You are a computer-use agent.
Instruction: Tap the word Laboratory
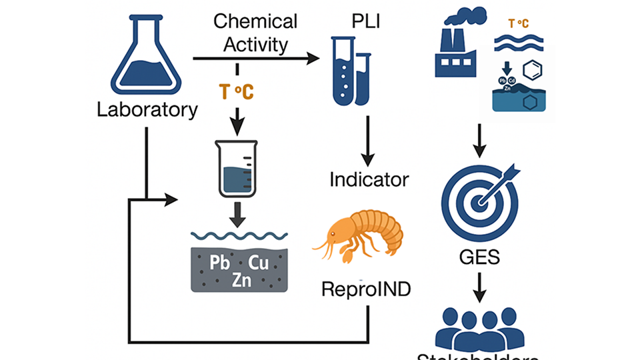pyautogui.click(x=147, y=109)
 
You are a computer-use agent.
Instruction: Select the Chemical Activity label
pyautogui.click(x=255, y=33)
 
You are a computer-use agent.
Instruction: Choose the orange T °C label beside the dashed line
pyautogui.click(x=237, y=92)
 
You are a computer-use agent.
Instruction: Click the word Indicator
pyautogui.click(x=369, y=179)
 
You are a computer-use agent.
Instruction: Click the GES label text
pyautogui.click(x=480, y=257)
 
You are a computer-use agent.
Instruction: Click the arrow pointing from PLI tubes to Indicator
pyautogui.click(x=367, y=140)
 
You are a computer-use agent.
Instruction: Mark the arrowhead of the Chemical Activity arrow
pyautogui.click(x=313, y=59)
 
